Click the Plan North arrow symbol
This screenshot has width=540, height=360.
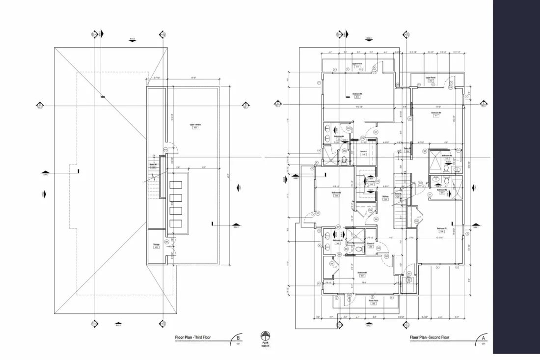tap(266, 336)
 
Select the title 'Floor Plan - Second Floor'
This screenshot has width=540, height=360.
tap(429, 337)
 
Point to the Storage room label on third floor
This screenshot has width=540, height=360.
tap(156, 245)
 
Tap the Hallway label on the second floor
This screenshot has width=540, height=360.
tap(385, 197)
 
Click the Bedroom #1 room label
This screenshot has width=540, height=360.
tap(362, 274)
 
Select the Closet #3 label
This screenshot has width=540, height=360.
tap(364, 153)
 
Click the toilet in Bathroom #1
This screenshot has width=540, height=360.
tap(358, 249)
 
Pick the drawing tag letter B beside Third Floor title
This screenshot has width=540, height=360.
tap(239, 338)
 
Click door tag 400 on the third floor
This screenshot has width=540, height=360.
tap(165, 149)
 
